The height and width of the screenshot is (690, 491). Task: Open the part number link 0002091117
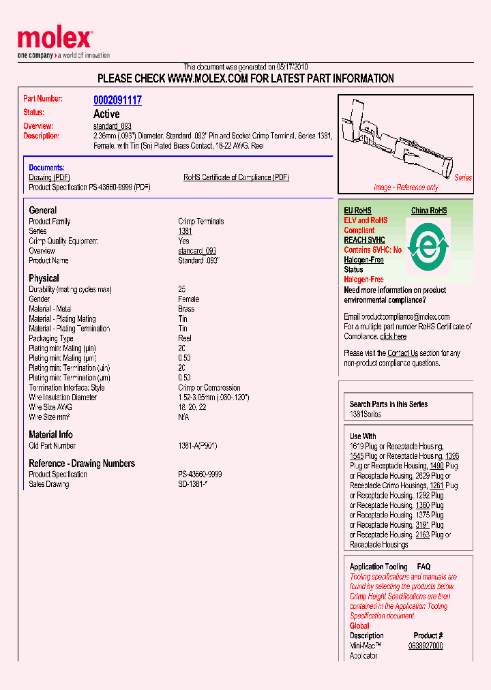click(x=117, y=100)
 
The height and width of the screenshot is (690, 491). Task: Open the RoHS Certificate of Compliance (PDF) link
click(x=236, y=177)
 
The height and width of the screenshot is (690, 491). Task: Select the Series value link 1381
click(x=185, y=231)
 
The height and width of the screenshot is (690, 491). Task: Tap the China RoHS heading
click(x=429, y=211)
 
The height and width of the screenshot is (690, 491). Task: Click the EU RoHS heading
click(x=357, y=211)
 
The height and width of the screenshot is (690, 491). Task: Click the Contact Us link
click(x=402, y=353)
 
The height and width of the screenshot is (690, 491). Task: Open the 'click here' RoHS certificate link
click(x=393, y=336)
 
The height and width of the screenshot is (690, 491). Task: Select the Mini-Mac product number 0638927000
click(x=426, y=646)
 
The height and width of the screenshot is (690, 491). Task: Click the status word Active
click(x=106, y=114)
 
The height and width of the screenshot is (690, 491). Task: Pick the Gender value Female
click(x=188, y=299)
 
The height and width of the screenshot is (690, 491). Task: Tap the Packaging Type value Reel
click(x=184, y=338)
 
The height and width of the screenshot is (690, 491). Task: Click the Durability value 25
click(x=182, y=289)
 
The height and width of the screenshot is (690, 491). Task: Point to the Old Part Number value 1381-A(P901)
click(x=197, y=446)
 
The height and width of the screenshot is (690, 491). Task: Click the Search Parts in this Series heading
click(x=389, y=404)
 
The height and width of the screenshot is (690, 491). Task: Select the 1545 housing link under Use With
click(x=356, y=456)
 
